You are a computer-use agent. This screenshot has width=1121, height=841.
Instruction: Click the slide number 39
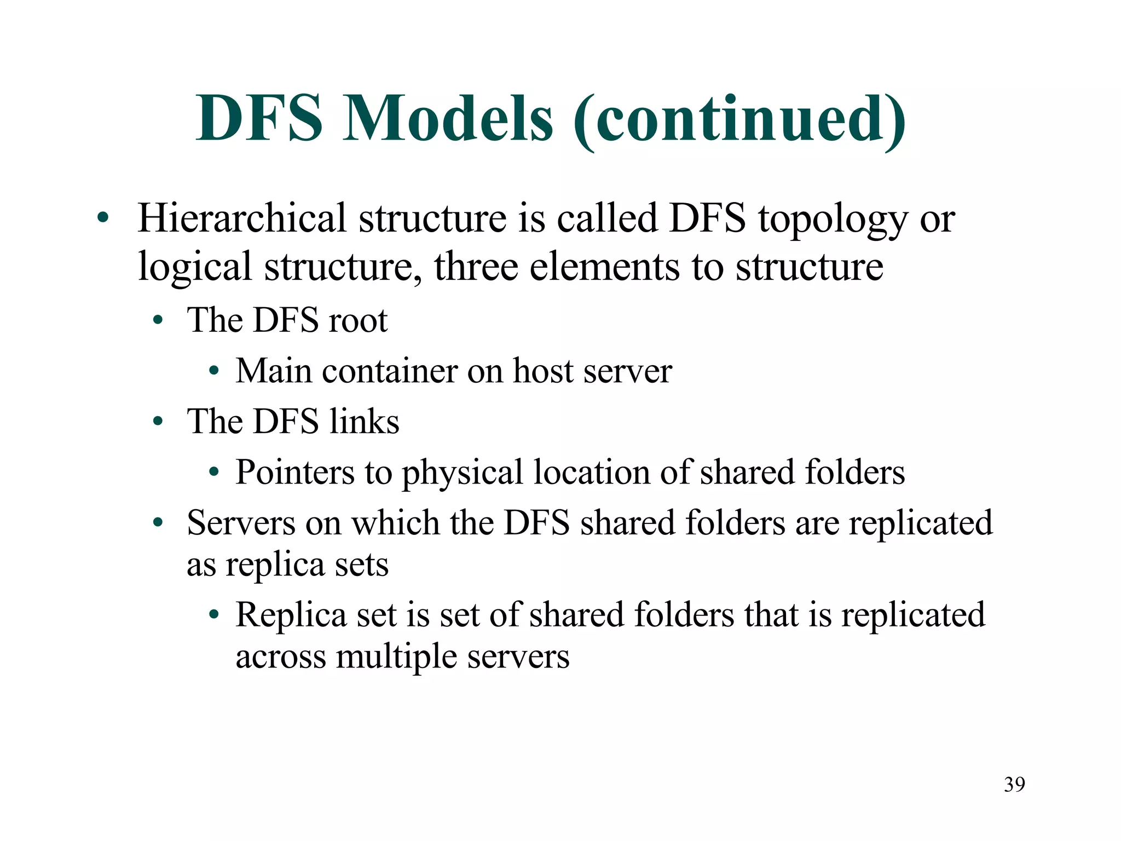pos(1014,785)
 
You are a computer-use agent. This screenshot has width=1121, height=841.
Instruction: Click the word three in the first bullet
pos(476,267)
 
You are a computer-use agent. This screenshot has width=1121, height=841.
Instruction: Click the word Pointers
pos(295,472)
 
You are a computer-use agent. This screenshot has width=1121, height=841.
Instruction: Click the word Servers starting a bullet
pos(241,523)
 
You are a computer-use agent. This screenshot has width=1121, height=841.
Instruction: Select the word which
pos(396,523)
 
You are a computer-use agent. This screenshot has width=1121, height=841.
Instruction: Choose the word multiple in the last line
pos(396,658)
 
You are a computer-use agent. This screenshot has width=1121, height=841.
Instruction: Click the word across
pos(280,657)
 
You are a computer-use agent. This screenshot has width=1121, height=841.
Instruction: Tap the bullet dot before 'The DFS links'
pos(158,422)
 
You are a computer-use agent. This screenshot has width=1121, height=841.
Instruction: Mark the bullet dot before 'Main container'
pos(214,372)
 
